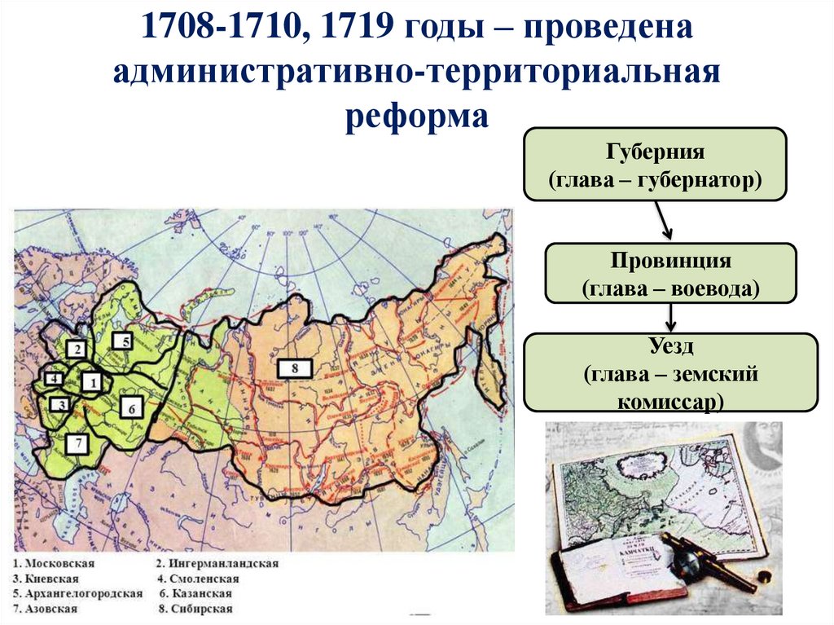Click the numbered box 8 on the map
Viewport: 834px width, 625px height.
click(x=294, y=368)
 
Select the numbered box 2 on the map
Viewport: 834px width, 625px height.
click(x=77, y=350)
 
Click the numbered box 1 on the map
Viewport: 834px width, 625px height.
click(x=91, y=381)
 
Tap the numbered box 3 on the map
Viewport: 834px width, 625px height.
click(x=59, y=403)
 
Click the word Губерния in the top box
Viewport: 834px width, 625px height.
click(x=654, y=152)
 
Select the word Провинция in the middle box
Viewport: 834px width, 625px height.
click(x=669, y=262)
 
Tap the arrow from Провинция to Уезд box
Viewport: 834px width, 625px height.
click(x=669, y=316)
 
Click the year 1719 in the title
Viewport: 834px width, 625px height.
click(x=356, y=30)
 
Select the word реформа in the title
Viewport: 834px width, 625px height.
click(x=416, y=116)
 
